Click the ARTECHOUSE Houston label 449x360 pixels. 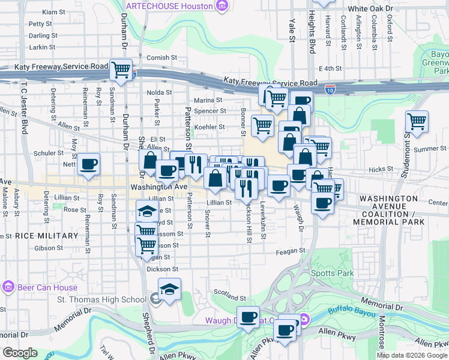click(x=169, y=6)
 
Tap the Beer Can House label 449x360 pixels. click(x=30, y=286)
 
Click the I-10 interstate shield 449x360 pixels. click(x=330, y=89)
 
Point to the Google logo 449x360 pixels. click(x=20, y=352)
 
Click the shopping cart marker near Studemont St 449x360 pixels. click(x=417, y=122)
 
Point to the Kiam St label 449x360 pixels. click(x=54, y=12)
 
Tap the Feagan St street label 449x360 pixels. click(x=291, y=251)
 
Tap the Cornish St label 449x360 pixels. click(x=162, y=58)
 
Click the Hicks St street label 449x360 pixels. click(x=381, y=170)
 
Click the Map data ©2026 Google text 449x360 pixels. click(x=412, y=355)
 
